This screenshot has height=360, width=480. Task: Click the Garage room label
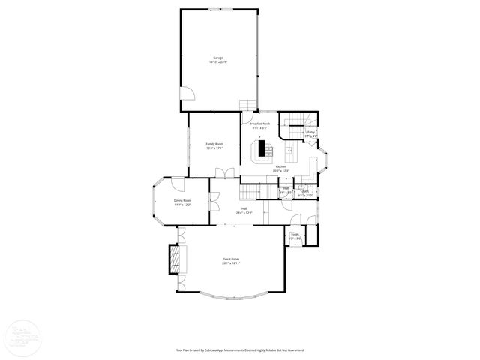click(x=218, y=57)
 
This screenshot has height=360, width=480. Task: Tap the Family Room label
click(x=215, y=143)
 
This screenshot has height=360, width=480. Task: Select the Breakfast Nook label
click(x=259, y=124)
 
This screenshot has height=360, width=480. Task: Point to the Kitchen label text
click(x=280, y=166)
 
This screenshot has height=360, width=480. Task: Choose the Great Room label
click(x=230, y=259)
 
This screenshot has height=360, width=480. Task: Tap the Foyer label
click(x=295, y=235)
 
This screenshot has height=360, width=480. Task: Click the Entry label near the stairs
click(x=311, y=132)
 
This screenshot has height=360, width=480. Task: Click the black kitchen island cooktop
click(x=262, y=149)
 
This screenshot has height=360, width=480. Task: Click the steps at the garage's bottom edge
click(x=248, y=106)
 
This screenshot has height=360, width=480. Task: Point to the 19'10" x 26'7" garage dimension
click(x=218, y=62)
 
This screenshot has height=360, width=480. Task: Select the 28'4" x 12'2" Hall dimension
click(x=244, y=213)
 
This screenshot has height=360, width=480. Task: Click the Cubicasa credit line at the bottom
click(x=240, y=349)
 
